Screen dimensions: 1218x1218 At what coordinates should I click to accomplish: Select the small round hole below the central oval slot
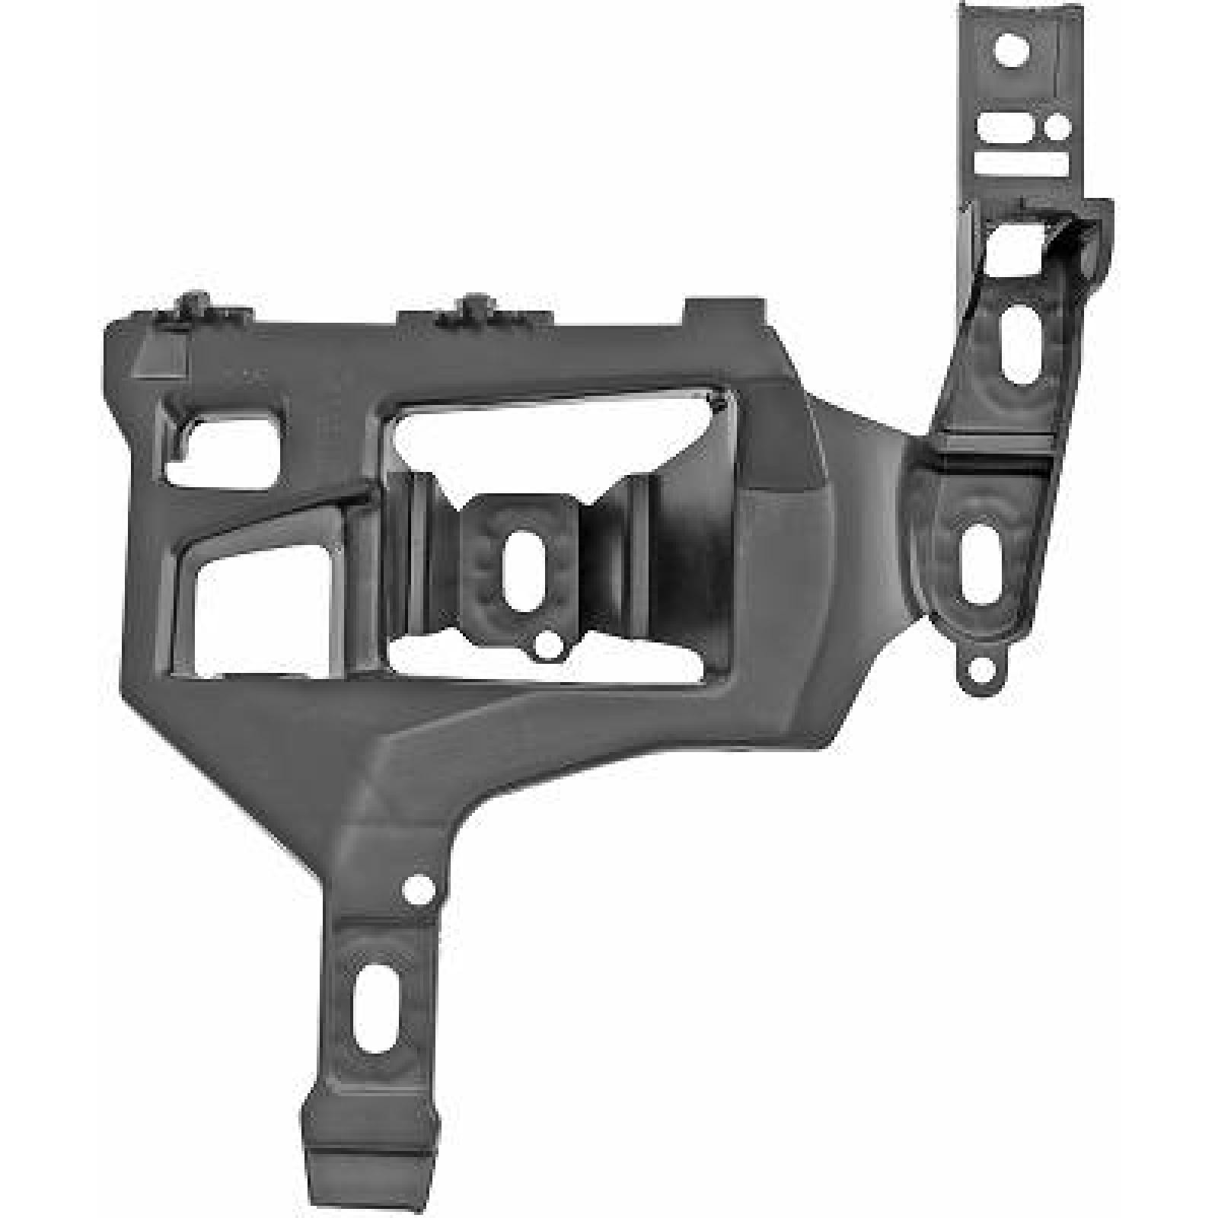546,646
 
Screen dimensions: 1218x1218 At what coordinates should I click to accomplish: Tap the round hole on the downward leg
417,888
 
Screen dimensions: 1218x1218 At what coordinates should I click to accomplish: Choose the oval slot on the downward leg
371,996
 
